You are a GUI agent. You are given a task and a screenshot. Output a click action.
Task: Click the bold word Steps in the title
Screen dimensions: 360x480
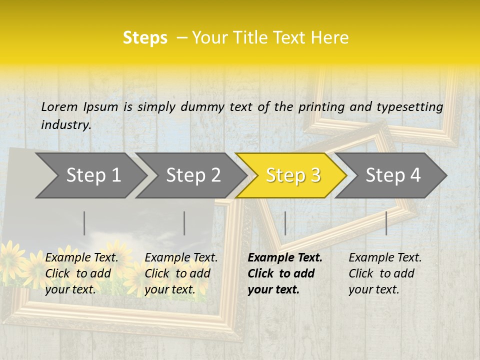pos(145,38)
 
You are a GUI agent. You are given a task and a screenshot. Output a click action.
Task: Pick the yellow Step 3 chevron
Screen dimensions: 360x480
pos(293,175)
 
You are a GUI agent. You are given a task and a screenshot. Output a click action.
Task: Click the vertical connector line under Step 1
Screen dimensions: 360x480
pos(84,223)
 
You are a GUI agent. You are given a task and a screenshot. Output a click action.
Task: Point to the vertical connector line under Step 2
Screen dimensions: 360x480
pos(184,223)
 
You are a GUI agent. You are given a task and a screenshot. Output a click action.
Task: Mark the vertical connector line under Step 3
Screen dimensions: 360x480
pos(285,223)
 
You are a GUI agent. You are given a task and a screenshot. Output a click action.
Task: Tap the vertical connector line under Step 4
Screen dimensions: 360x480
pos(386,223)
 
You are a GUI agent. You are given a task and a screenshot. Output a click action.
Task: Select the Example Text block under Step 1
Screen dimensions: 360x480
pos(81,273)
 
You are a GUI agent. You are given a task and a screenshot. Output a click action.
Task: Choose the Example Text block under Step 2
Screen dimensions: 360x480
pos(181,273)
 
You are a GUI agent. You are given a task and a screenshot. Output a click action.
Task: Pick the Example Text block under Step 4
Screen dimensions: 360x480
pos(385,273)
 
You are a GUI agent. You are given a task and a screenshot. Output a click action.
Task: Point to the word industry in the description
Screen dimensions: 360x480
pos(66,125)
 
